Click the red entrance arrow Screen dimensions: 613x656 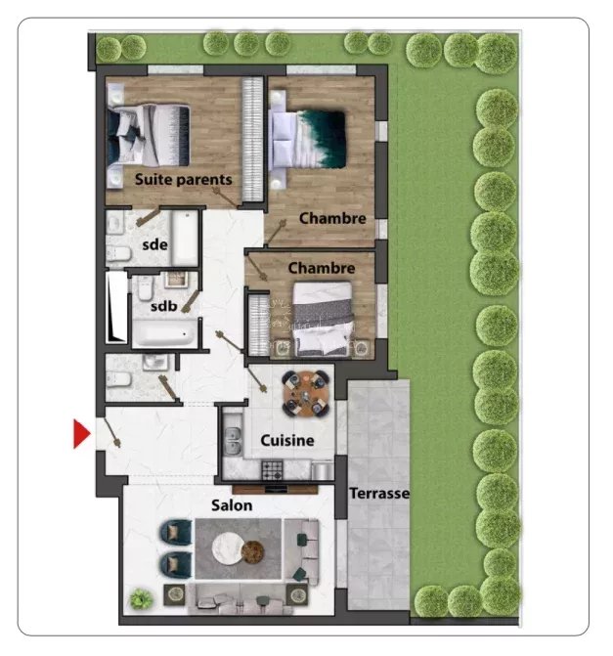(81, 434)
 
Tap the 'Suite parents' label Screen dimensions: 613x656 (183, 180)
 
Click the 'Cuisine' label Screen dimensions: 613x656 (287, 440)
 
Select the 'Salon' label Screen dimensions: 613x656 (232, 505)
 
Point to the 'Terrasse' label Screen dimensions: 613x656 (379, 494)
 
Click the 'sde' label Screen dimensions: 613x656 (154, 244)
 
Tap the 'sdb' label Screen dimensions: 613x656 (163, 306)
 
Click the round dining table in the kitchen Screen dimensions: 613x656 (306, 393)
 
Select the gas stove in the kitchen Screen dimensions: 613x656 (273, 469)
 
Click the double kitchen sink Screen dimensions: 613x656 (233, 441)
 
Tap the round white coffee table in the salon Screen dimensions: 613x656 (229, 549)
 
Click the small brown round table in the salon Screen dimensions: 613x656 (253, 552)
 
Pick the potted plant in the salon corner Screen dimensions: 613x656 (141, 598)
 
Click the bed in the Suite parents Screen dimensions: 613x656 (149, 136)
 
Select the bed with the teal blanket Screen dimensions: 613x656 (309, 140)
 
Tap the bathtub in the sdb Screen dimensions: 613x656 (164, 333)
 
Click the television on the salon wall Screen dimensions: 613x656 (276, 490)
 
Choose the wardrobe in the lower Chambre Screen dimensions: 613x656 (258, 325)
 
